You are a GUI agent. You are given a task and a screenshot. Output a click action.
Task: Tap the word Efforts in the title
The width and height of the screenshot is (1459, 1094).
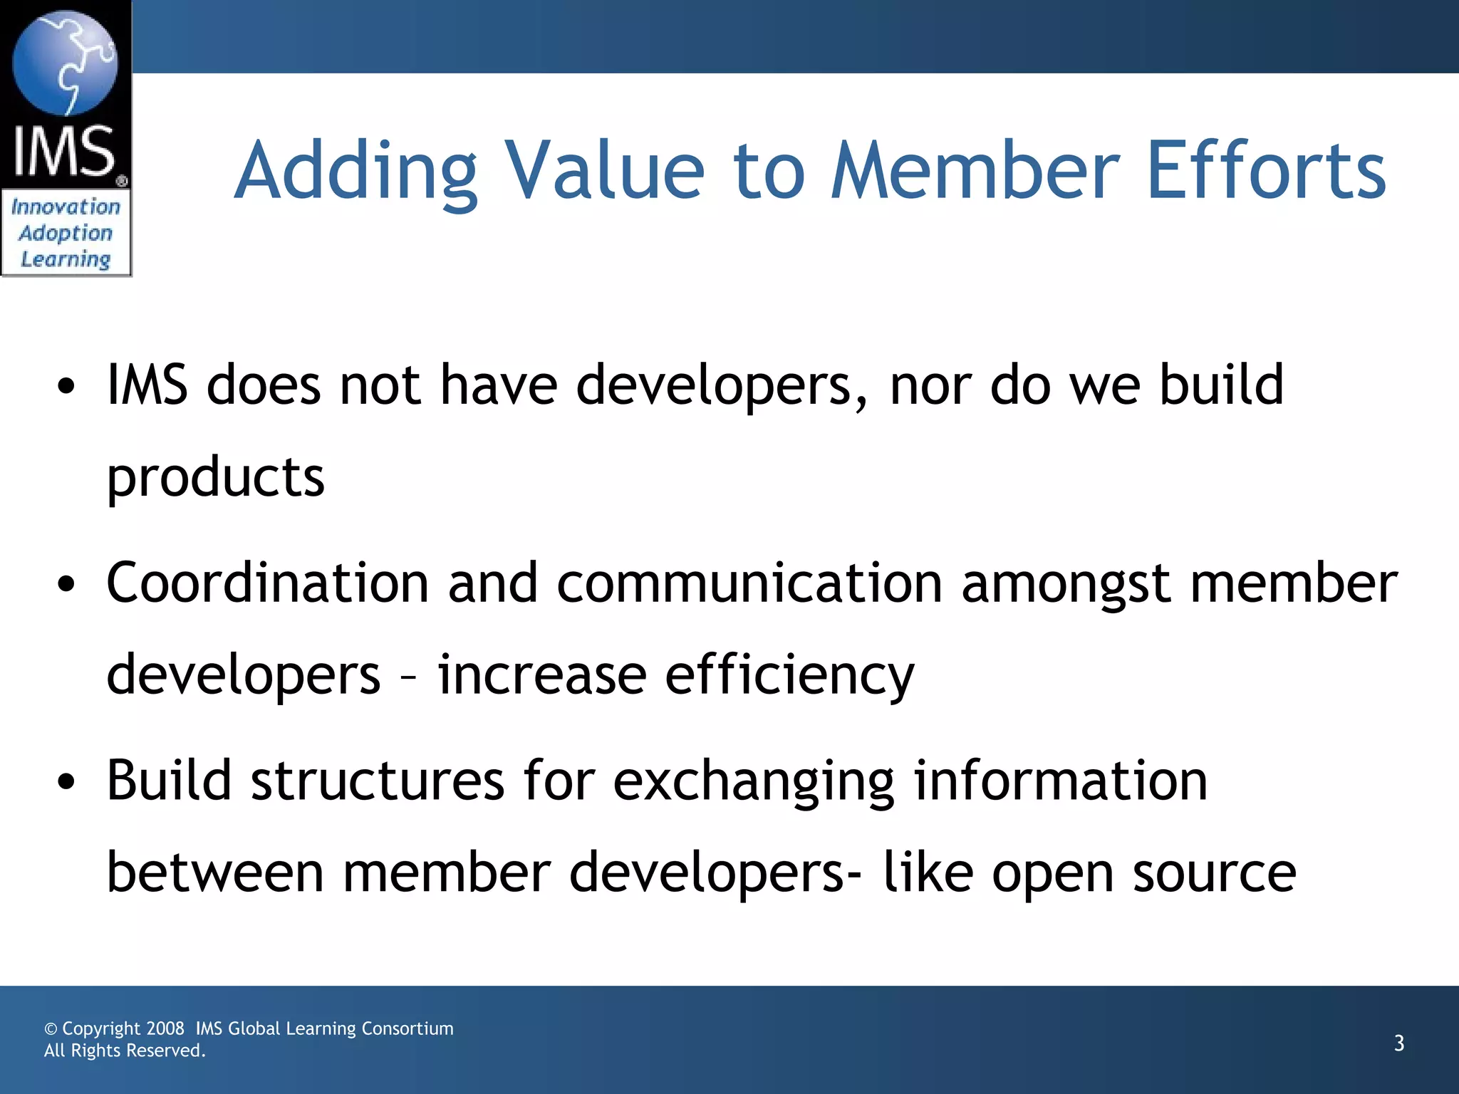[x=1266, y=171]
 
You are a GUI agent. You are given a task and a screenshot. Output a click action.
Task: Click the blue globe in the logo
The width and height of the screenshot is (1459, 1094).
[x=65, y=63]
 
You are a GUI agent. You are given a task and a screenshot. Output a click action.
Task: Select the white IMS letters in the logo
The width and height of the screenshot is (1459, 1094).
[x=65, y=151]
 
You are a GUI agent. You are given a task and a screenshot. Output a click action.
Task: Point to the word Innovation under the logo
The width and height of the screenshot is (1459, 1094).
[x=66, y=207]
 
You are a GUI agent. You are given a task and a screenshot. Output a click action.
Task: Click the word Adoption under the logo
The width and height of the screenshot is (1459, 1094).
[x=66, y=234]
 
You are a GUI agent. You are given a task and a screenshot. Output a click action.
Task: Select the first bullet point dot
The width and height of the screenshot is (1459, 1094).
[x=66, y=387]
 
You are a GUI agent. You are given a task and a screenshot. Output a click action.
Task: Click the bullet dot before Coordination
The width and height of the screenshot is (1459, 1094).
[x=66, y=585]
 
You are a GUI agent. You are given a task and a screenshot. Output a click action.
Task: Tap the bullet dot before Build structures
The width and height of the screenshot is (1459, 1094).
[x=66, y=782]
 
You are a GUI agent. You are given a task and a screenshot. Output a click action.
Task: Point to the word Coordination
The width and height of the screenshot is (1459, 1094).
[x=267, y=583]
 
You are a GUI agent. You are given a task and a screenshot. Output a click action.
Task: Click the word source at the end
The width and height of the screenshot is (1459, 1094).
[x=1214, y=873]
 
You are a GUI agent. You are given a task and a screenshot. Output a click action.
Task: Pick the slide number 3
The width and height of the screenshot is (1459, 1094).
[x=1398, y=1043]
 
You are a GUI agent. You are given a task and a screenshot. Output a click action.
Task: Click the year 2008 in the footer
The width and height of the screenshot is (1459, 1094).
[x=165, y=1028]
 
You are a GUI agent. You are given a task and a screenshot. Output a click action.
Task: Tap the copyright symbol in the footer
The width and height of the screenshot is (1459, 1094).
[x=51, y=1029]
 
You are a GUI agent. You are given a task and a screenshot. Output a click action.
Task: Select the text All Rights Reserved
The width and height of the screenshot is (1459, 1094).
[x=125, y=1051]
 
